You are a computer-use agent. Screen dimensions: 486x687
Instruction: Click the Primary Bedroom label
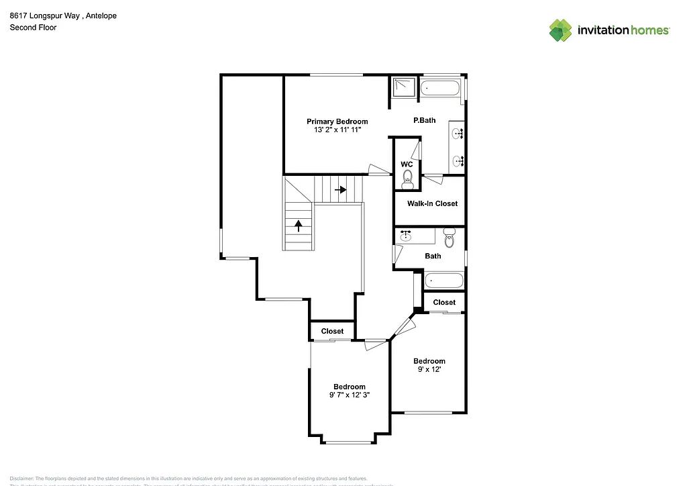(337, 121)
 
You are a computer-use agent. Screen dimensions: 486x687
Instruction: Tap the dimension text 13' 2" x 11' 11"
(337, 130)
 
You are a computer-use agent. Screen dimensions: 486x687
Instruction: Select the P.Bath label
(424, 120)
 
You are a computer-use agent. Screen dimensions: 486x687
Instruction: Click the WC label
(407, 164)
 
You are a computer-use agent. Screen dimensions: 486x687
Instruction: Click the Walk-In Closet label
(432, 203)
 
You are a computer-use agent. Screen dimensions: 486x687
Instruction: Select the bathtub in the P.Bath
(441, 87)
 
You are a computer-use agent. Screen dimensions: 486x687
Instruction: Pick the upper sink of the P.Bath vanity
(458, 134)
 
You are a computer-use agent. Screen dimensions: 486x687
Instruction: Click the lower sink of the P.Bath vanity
(458, 160)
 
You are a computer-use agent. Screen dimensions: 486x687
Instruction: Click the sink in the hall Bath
(406, 235)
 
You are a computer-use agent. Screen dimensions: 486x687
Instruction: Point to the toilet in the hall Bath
(450, 237)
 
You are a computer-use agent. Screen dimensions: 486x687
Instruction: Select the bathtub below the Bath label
(443, 281)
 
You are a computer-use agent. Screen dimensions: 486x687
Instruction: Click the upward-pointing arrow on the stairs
(298, 226)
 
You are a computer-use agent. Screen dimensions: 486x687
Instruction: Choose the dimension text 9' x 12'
(429, 369)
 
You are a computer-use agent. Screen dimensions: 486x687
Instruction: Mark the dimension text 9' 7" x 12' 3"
(350, 395)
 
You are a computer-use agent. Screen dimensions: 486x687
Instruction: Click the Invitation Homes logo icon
(561, 30)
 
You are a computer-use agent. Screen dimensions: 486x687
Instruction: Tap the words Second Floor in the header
(33, 28)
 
